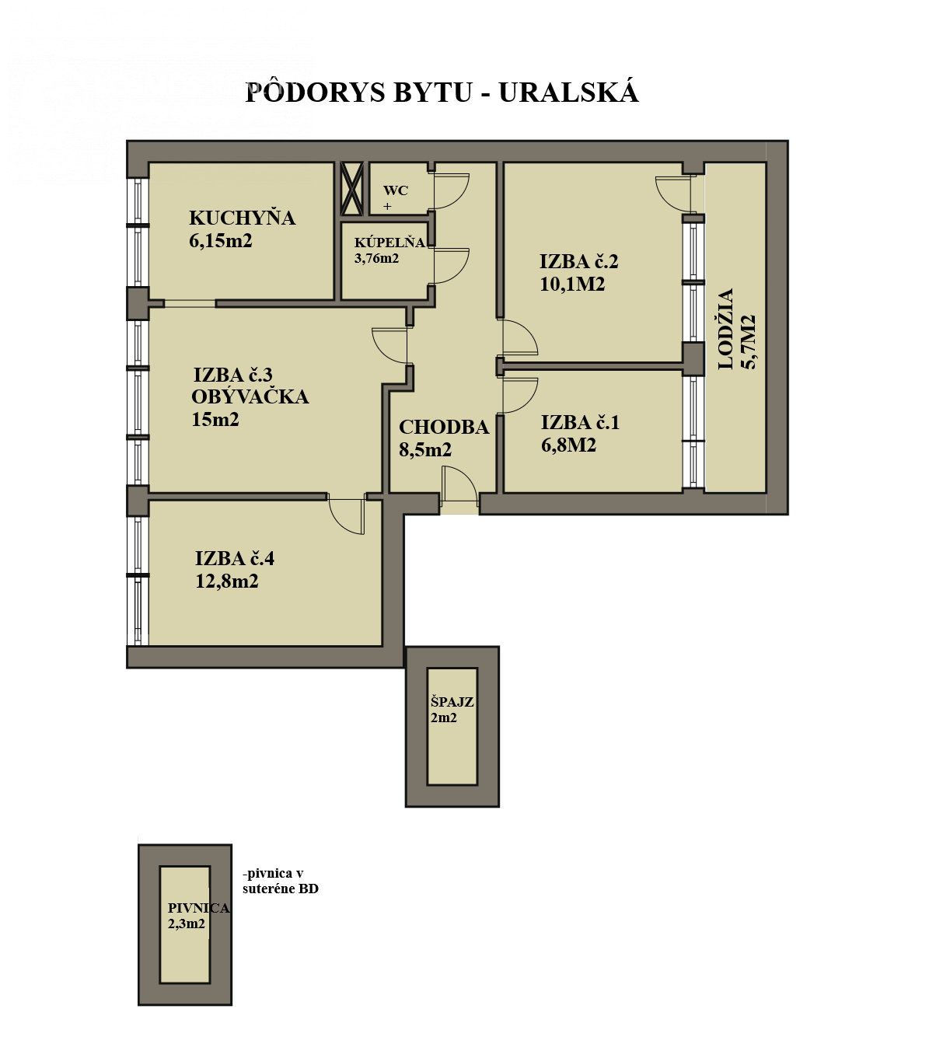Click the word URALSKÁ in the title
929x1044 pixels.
tap(568, 93)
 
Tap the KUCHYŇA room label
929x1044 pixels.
tap(242, 218)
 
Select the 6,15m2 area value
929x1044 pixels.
tap(221, 241)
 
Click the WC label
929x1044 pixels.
tap(395, 190)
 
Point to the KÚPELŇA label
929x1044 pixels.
tap(389, 243)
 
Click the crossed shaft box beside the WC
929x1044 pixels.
tap(352, 189)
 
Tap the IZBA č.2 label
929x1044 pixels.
tap(578, 261)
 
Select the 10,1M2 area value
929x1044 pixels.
tap(572, 284)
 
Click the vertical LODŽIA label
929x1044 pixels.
tap(726, 329)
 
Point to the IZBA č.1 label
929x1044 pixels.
tap(580, 422)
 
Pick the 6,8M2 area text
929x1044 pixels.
tap(568, 445)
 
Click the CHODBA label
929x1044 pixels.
tap(444, 427)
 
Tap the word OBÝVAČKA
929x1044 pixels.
tap(250, 396)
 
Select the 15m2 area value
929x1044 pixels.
tap(215, 420)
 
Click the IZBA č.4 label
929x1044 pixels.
tap(234, 558)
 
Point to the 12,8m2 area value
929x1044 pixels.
tap(227, 581)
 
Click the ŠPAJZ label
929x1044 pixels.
tap(452, 702)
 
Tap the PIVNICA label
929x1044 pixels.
tap(198, 908)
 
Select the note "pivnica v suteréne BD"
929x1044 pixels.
tap(280, 881)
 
